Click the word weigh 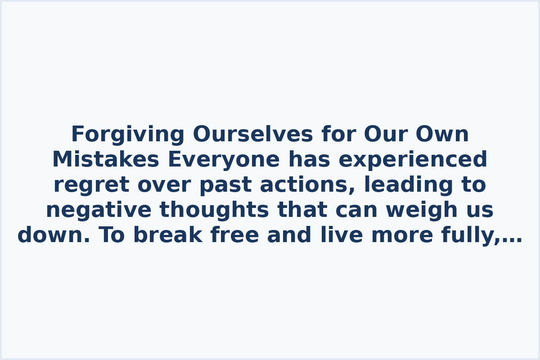click(423, 210)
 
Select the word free click(234, 235)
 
